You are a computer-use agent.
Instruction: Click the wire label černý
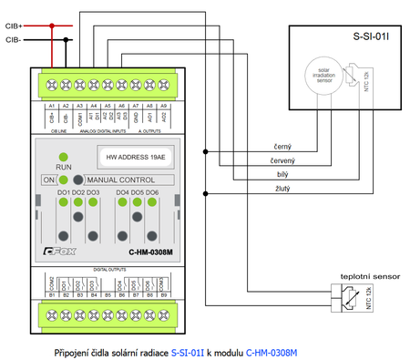pyautogui.click(x=282, y=146)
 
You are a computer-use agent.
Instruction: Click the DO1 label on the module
pyautogui.click(x=64, y=192)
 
